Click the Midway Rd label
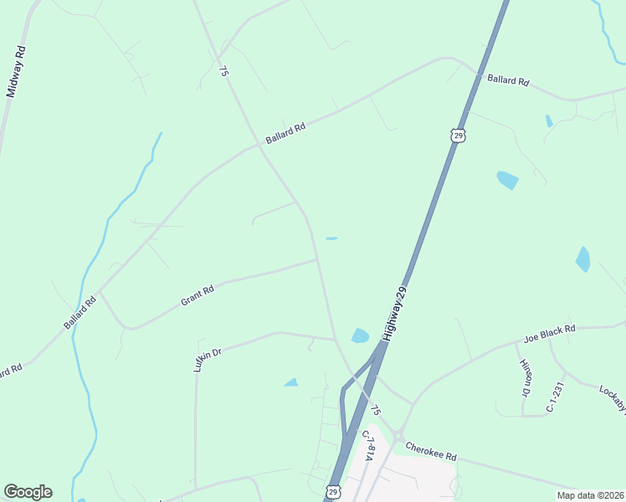(15, 71)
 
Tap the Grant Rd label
(198, 295)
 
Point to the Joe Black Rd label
(549, 335)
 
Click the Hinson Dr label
(526, 378)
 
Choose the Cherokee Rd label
(430, 452)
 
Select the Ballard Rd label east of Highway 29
(509, 81)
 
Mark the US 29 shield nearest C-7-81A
(333, 491)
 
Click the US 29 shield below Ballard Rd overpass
(456, 135)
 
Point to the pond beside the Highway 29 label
(360, 336)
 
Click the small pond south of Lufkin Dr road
(291, 382)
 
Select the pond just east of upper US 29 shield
(507, 179)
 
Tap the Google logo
(28, 492)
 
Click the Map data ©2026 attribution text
(590, 495)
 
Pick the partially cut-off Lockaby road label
(613, 399)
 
